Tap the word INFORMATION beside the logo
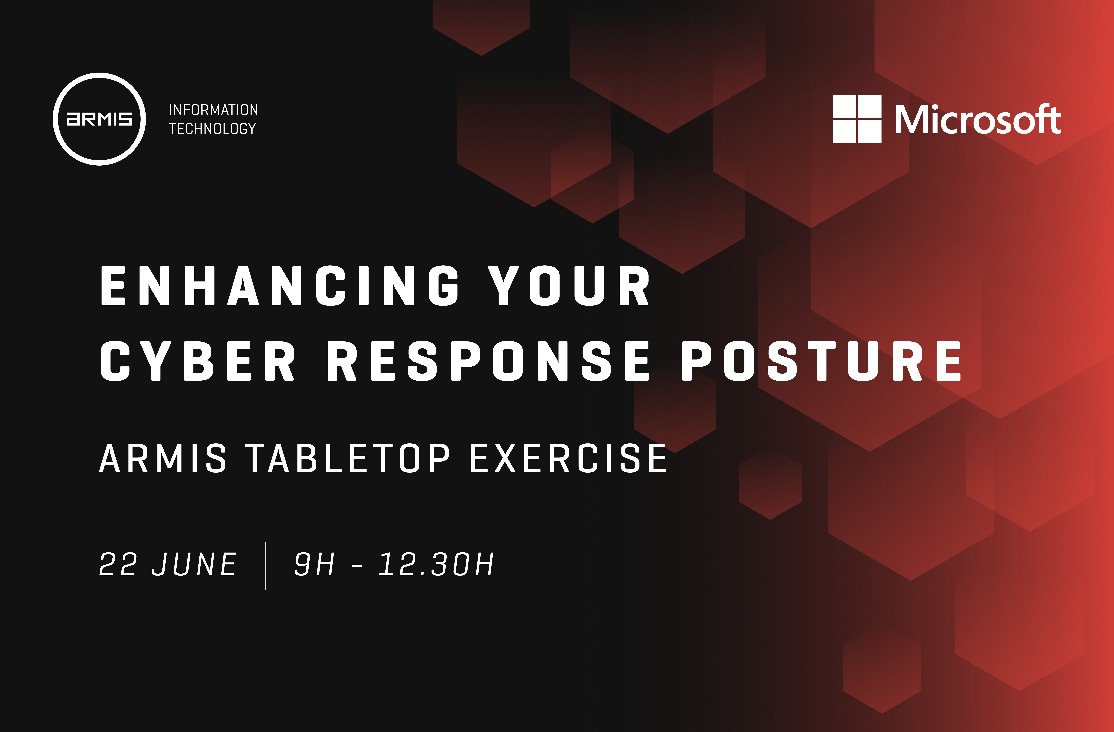(x=213, y=110)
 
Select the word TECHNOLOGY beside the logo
(x=212, y=129)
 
